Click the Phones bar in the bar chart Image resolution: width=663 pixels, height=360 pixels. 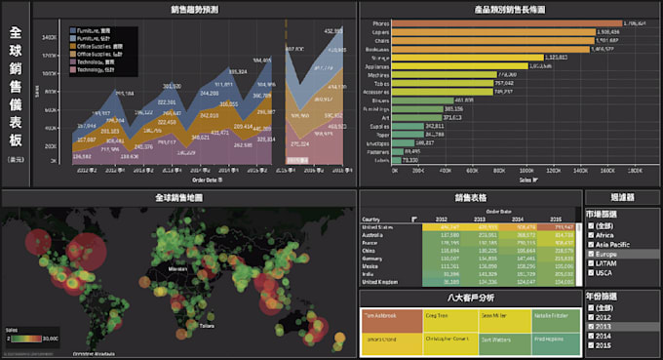coord(507,21)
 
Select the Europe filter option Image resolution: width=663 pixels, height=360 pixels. coord(591,253)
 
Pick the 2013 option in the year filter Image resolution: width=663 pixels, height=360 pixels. coord(591,326)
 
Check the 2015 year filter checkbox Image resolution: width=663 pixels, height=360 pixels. coord(591,344)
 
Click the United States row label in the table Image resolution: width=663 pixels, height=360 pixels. coord(378,225)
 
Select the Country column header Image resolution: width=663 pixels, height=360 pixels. coord(371,219)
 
